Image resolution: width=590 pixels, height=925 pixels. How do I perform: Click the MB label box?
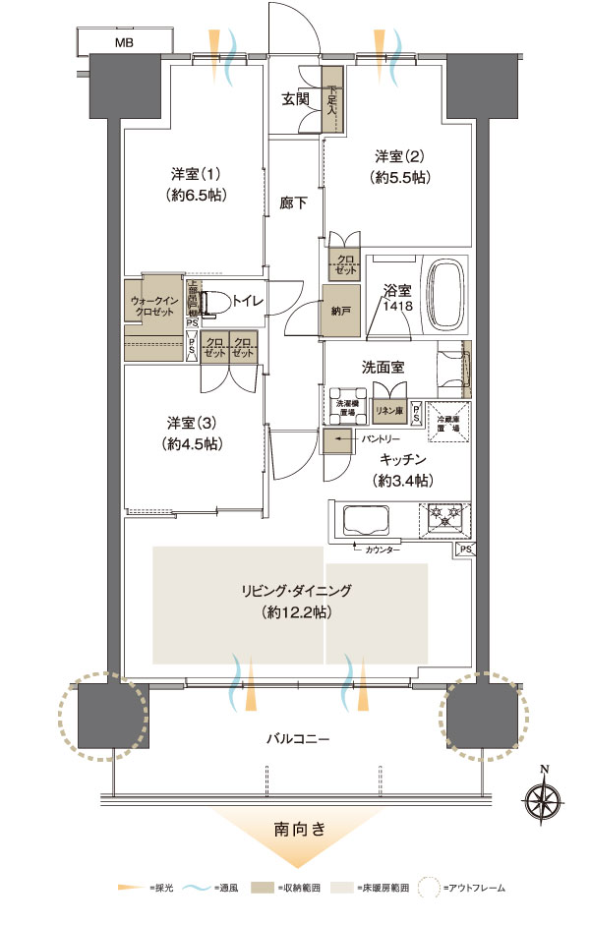[124, 42]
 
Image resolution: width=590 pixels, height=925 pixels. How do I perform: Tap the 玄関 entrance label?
[295, 98]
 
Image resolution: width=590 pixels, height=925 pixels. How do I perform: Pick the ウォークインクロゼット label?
[153, 307]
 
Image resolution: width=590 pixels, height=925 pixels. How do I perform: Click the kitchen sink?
[365, 518]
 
